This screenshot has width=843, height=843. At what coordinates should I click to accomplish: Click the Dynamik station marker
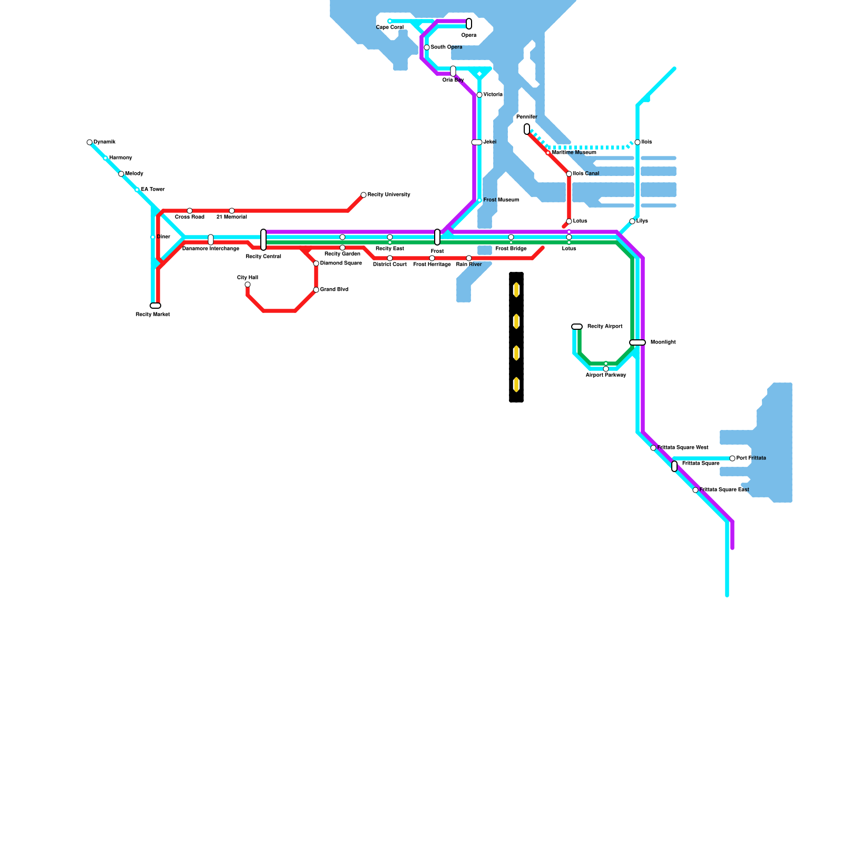click(90, 142)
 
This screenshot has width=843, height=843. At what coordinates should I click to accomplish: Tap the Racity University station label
click(389, 195)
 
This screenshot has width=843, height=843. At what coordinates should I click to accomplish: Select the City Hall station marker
click(248, 285)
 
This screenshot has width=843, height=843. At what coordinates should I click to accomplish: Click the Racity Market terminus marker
click(155, 306)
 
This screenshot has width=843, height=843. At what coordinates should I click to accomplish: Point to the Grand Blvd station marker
click(316, 290)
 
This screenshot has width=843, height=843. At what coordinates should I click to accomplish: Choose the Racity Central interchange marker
click(263, 240)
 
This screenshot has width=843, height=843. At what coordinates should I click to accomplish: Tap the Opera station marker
click(469, 24)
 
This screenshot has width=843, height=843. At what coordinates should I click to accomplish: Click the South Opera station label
click(446, 47)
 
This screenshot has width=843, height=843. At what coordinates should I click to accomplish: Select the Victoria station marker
click(479, 95)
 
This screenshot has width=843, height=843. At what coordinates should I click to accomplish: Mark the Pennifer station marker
click(527, 129)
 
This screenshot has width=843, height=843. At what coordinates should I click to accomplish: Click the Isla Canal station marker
click(569, 174)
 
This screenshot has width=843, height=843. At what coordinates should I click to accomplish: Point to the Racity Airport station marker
click(577, 327)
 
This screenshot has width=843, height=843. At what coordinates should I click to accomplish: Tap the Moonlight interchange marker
click(638, 342)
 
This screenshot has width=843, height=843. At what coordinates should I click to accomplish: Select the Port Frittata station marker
click(732, 458)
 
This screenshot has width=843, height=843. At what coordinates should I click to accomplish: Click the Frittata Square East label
click(724, 490)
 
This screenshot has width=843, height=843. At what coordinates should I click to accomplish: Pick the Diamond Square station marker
click(316, 263)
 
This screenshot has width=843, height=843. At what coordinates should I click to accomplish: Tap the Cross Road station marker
click(190, 211)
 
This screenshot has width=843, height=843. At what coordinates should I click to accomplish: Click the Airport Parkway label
click(606, 375)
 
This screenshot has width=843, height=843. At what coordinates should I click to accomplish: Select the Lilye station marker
click(632, 221)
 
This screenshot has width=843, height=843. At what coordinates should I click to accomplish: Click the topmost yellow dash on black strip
click(516, 290)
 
